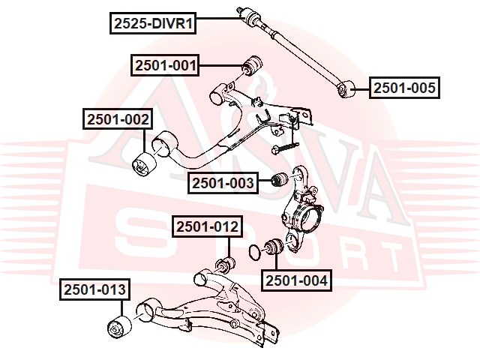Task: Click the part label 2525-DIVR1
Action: click(x=154, y=24)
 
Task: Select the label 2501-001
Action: click(x=166, y=66)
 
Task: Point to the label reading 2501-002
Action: click(x=117, y=118)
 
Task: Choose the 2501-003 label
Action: click(x=223, y=181)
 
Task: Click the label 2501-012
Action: click(x=207, y=226)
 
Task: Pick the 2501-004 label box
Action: click(x=295, y=281)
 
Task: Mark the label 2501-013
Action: click(x=94, y=289)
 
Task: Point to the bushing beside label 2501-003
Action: click(x=277, y=180)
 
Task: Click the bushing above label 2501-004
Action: click(x=273, y=246)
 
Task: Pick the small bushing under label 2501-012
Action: click(x=223, y=264)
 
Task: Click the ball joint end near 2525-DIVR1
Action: click(x=244, y=13)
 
